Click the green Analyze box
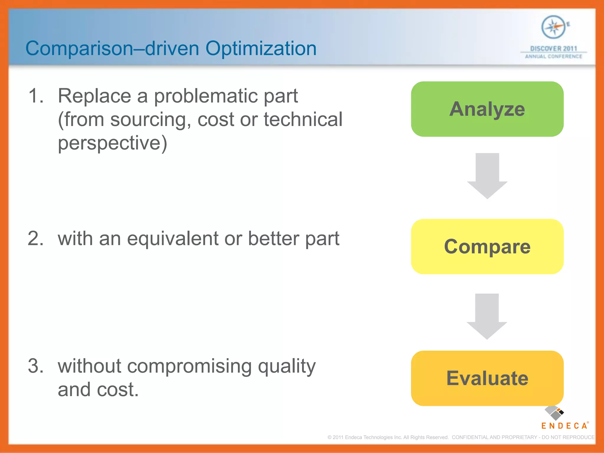coord(487,109)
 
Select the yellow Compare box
coord(487,247)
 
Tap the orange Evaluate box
coord(487,378)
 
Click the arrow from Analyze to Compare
coord(487,176)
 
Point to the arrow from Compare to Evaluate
coord(487,316)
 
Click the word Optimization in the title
coord(261,48)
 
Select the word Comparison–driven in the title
coord(112,48)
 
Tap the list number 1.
coord(36,96)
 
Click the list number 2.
coord(36,238)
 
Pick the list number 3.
coord(36,366)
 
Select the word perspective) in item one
coord(112,144)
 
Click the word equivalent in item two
coord(173,239)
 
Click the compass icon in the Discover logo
coord(553,27)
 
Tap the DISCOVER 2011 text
coord(554,49)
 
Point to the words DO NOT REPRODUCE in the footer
coord(568,437)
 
